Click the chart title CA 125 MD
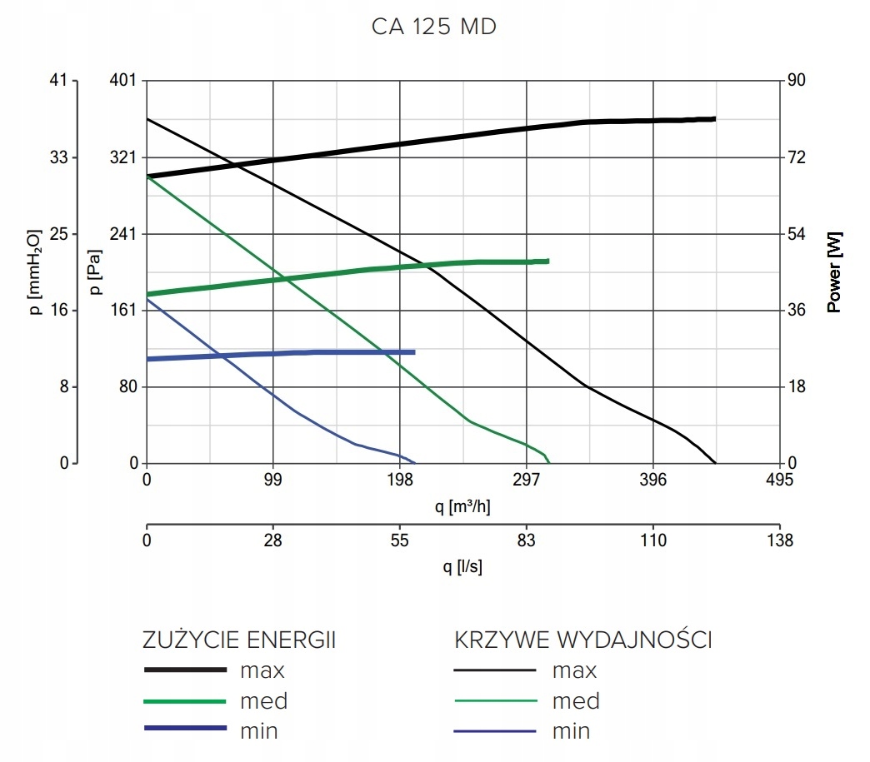tap(434, 27)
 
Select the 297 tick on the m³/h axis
tap(527, 481)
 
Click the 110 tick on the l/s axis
tap(653, 541)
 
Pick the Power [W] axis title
tap(834, 272)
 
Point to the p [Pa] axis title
tap(94, 272)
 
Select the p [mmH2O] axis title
tap(35, 272)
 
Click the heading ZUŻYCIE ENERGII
tap(240, 640)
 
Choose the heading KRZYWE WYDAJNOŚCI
tap(582, 640)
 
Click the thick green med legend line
tap(185, 701)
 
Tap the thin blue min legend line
tap(495, 732)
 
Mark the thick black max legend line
tap(185, 670)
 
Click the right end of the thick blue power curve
tap(414, 352)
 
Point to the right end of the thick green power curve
tap(548, 261)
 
